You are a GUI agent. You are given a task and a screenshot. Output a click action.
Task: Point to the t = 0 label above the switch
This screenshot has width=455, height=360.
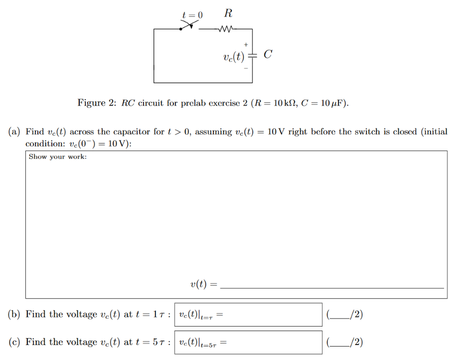(192, 14)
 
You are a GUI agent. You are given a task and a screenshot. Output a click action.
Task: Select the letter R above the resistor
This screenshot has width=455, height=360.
(228, 12)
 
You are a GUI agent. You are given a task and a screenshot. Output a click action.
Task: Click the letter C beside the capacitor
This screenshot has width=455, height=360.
(268, 54)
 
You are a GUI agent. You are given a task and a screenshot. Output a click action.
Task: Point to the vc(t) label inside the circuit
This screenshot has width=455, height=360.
(234, 56)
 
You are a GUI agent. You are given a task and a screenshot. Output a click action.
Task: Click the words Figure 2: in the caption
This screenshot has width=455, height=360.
(96, 103)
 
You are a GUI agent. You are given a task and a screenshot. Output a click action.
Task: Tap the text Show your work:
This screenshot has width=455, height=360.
(58, 157)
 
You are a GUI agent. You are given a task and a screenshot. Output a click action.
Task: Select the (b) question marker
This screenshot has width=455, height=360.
(14, 314)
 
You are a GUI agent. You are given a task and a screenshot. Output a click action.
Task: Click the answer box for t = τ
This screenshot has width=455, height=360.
(248, 315)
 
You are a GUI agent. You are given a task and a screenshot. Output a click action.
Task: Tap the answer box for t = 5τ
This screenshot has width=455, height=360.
(248, 342)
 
